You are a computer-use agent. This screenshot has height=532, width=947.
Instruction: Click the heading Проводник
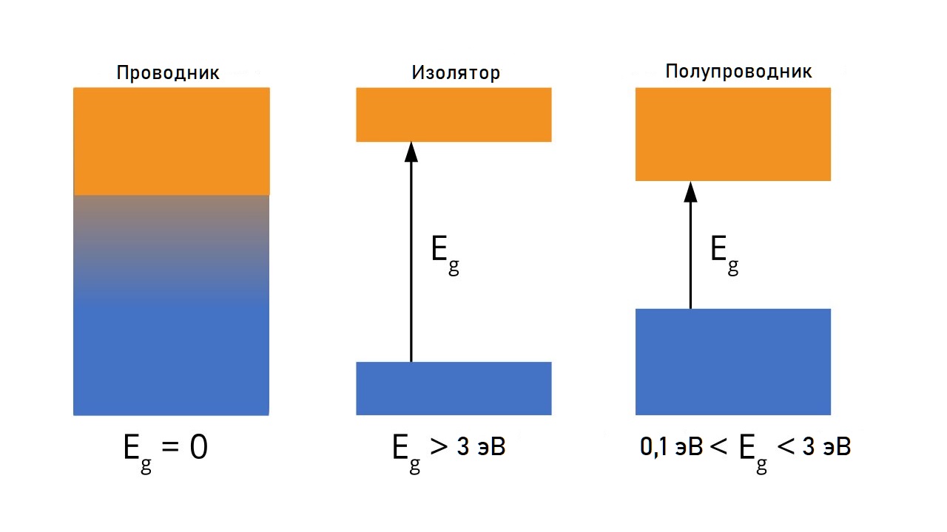(x=168, y=73)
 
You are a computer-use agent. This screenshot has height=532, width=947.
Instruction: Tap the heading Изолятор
(x=456, y=73)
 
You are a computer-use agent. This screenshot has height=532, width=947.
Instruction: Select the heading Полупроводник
(x=738, y=72)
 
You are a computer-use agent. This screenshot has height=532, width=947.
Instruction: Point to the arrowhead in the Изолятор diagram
(x=411, y=151)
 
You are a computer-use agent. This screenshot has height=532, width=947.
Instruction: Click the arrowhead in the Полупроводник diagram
(x=690, y=191)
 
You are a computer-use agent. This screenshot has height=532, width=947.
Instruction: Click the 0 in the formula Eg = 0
(x=198, y=449)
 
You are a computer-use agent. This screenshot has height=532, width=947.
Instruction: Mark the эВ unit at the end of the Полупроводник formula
(x=838, y=448)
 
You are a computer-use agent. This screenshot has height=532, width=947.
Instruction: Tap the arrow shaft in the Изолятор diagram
(x=411, y=259)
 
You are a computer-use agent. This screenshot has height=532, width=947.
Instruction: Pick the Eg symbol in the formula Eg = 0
(x=138, y=451)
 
